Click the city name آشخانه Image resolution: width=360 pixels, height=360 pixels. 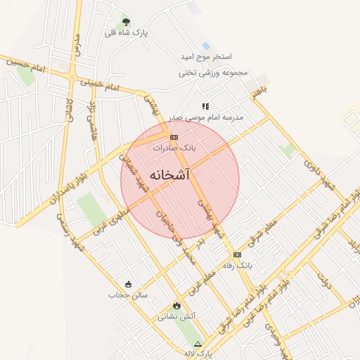pyautogui.click(x=169, y=175)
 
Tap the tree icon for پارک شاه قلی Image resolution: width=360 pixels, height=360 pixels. pyautogui.click(x=126, y=22)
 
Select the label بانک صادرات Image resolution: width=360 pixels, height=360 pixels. pyautogui.click(x=173, y=148)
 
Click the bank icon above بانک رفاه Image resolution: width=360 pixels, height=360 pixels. pyautogui.click(x=237, y=255)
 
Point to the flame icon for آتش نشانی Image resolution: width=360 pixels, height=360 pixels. pyautogui.click(x=176, y=306)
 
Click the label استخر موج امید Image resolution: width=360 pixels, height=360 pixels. pyautogui.click(x=207, y=56)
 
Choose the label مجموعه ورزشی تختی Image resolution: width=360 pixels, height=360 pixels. pyautogui.click(x=211, y=72)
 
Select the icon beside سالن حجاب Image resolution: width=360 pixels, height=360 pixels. pyautogui.click(x=128, y=284)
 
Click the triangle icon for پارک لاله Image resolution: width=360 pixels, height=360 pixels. pyautogui.click(x=198, y=344)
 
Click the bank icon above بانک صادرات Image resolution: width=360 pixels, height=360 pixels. pyautogui.click(x=174, y=137)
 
